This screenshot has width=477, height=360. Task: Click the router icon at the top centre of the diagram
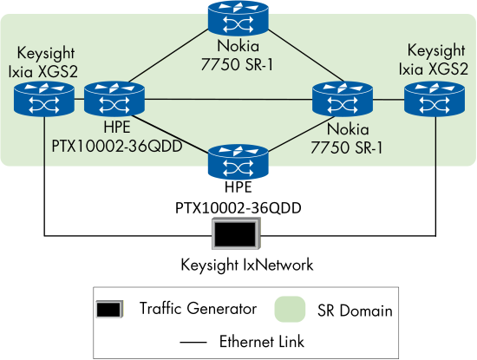point(238,17)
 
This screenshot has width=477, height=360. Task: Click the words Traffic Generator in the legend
point(198,309)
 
